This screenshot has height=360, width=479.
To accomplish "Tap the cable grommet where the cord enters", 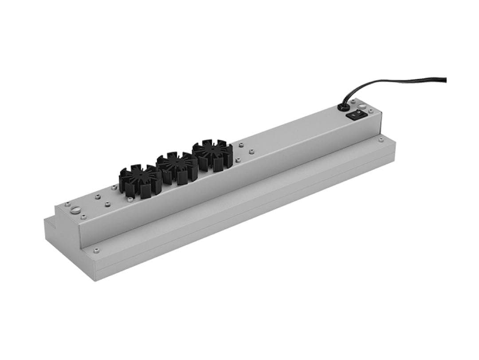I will click(343, 107).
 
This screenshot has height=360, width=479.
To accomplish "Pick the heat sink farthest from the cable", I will click(140, 180).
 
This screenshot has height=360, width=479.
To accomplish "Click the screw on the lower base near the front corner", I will click(94, 251).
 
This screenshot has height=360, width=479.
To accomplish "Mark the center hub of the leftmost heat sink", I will click(140, 177).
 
